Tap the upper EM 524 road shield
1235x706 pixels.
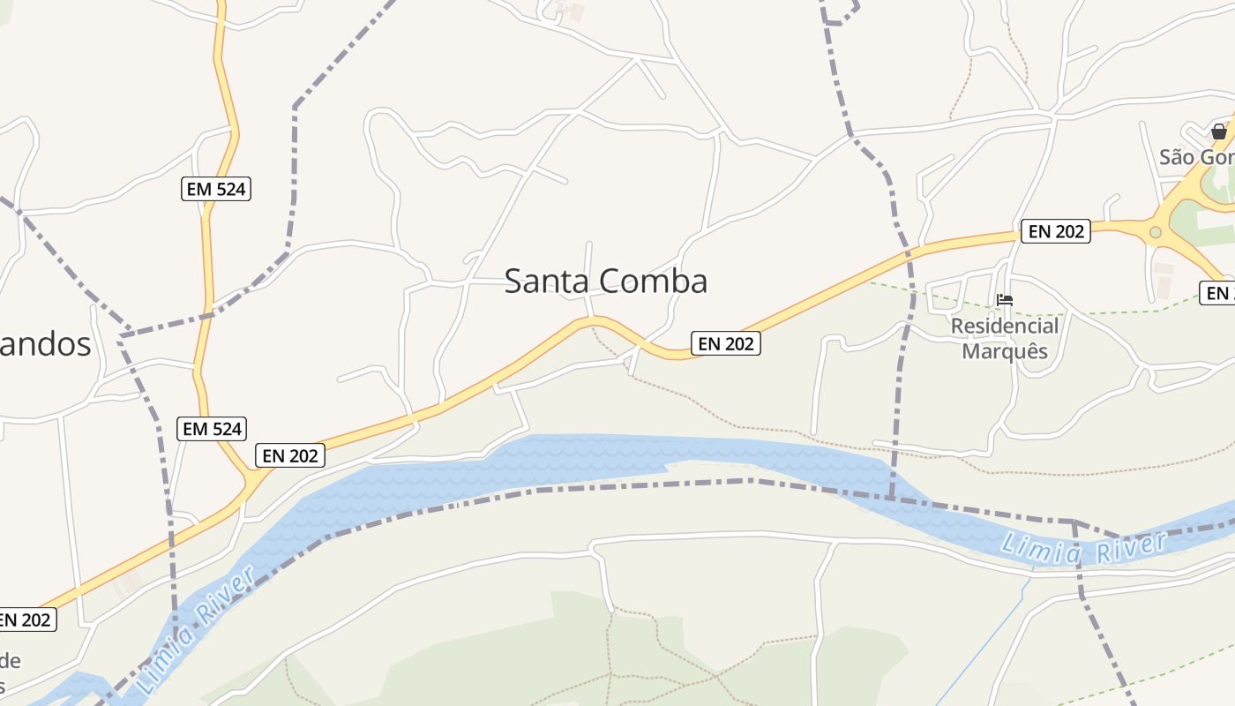coord(216,188)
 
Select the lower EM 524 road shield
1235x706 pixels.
coord(212,429)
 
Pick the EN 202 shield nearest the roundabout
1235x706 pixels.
coord(1056,231)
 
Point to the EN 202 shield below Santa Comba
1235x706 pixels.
coord(725,343)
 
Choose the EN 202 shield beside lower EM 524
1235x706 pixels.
coord(290,455)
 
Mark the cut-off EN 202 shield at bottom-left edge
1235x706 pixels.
coord(26,620)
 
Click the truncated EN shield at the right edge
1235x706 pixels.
coord(1218,293)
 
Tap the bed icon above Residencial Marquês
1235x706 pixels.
coord(1005,300)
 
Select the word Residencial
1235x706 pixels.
coord(1005,327)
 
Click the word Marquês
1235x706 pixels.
coord(1005,351)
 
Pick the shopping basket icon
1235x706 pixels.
coord(1219,132)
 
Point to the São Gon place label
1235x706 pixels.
coord(1196,157)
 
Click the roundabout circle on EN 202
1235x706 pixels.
coord(1156,232)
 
